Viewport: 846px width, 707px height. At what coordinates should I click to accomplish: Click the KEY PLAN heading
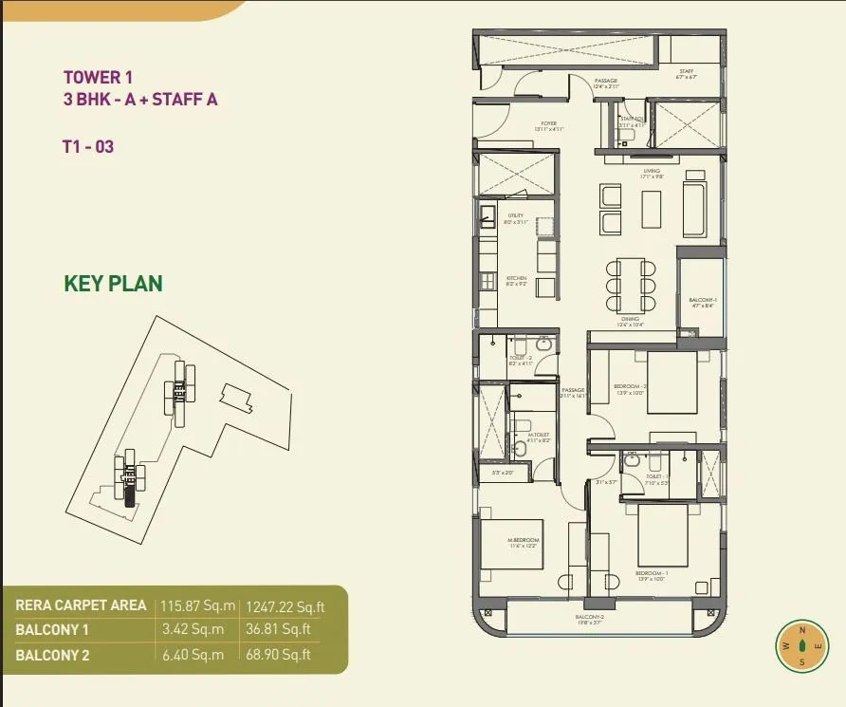(113, 283)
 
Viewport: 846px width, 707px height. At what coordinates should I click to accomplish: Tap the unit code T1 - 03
(88, 147)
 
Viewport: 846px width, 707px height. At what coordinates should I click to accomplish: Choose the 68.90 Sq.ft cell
(278, 654)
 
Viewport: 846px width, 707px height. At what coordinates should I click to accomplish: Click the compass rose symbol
(801, 646)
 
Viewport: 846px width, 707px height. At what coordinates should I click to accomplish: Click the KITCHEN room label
(516, 278)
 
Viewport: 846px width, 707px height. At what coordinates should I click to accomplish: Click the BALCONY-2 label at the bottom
(589, 618)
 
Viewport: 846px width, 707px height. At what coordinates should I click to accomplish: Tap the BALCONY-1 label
(702, 300)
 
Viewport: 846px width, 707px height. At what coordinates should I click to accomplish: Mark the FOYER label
(548, 123)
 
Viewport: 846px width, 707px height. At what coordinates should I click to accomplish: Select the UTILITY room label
(515, 215)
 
